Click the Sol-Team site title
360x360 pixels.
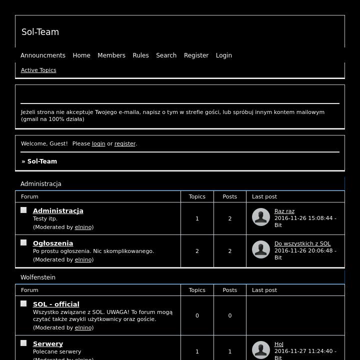point(40,32)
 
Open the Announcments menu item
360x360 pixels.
point(43,55)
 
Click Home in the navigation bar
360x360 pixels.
point(81,55)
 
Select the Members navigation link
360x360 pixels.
point(111,55)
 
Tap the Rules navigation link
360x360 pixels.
point(140,55)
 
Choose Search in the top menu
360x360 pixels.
point(166,55)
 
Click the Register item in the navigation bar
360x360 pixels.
point(196,55)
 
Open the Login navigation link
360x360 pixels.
point(223,55)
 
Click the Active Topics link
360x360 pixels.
point(38,70)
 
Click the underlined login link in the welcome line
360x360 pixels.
point(98,143)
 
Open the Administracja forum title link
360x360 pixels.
point(58,211)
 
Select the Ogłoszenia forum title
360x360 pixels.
point(53,243)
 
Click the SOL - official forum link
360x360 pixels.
point(56,304)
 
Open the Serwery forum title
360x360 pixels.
point(48,344)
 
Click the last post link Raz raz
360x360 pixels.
point(284,211)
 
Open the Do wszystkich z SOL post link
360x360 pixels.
point(302,244)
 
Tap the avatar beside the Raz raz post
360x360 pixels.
point(261,217)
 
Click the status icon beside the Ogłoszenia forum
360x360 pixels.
point(23,242)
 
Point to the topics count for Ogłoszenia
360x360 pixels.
point(197,251)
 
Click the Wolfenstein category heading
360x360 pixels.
point(38,277)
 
